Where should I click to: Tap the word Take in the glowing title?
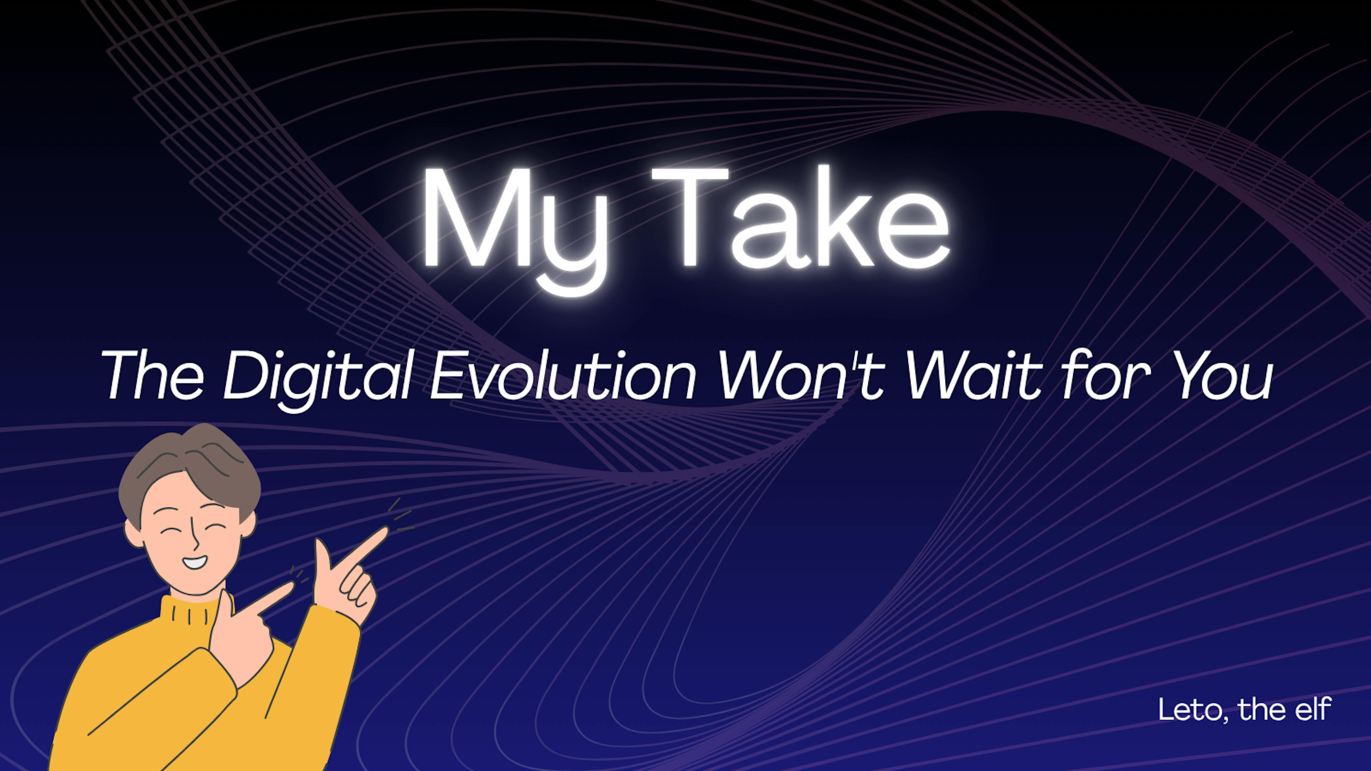point(800,216)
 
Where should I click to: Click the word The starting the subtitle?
point(153,375)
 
